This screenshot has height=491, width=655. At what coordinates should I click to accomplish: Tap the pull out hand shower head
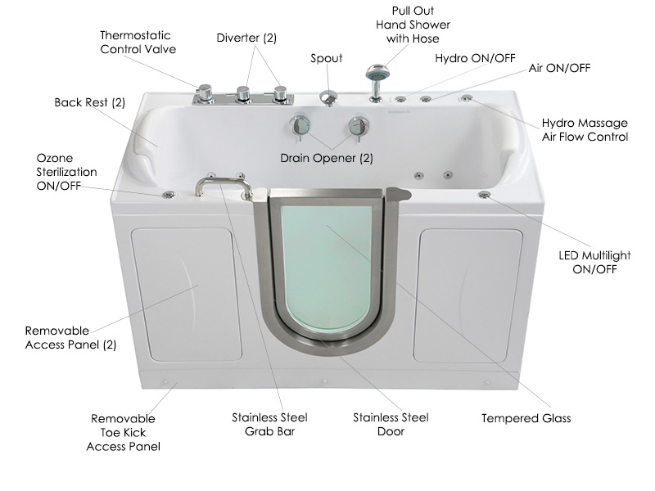pyautogui.click(x=377, y=73)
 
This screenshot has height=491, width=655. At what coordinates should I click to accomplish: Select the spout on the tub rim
pyautogui.click(x=329, y=98)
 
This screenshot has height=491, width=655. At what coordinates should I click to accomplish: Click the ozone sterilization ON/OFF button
pyautogui.click(x=169, y=195)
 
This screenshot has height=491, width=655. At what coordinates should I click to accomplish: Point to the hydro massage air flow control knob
pyautogui.click(x=467, y=98)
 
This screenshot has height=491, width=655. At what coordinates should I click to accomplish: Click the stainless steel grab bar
pyautogui.click(x=224, y=183)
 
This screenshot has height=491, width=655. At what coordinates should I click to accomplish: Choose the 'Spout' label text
pyautogui.click(x=326, y=58)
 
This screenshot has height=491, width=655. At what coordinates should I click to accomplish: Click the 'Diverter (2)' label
pyautogui.click(x=246, y=38)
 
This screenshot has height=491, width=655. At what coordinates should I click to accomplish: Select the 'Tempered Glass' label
pyautogui.click(x=526, y=418)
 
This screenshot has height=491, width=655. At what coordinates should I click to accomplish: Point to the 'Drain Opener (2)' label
pyautogui.click(x=326, y=158)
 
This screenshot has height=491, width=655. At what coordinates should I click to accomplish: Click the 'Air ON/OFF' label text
pyautogui.click(x=559, y=68)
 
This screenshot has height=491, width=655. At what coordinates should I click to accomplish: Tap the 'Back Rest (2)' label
pyautogui.click(x=90, y=102)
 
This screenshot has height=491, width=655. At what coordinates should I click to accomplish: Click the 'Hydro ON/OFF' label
pyautogui.click(x=475, y=58)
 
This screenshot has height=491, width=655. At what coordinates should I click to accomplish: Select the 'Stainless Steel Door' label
pyautogui.click(x=391, y=424)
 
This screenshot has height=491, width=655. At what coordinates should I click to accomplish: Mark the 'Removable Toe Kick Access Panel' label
pyautogui.click(x=124, y=433)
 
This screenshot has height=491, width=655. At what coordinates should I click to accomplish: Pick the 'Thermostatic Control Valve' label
pyautogui.click(x=138, y=43)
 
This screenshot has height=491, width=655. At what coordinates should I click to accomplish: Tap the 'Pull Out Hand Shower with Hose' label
pyautogui.click(x=413, y=25)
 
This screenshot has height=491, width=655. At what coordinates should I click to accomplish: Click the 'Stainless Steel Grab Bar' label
pyautogui.click(x=269, y=424)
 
